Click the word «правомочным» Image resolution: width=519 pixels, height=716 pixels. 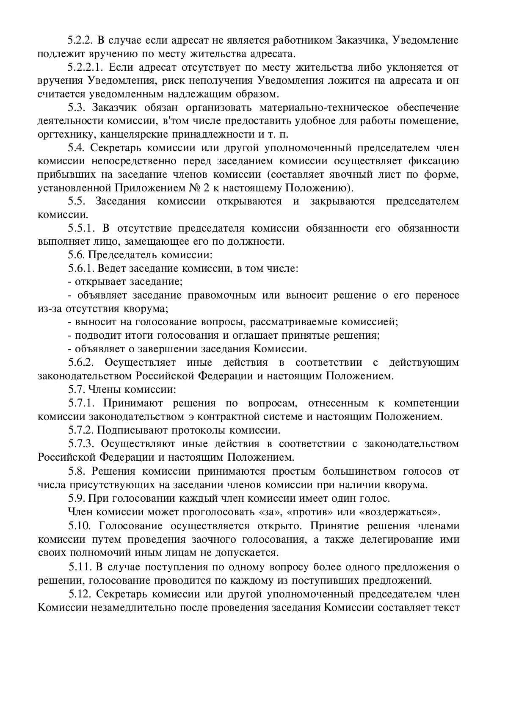tap(222, 295)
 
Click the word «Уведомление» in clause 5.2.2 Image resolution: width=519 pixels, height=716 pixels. tap(425, 41)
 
